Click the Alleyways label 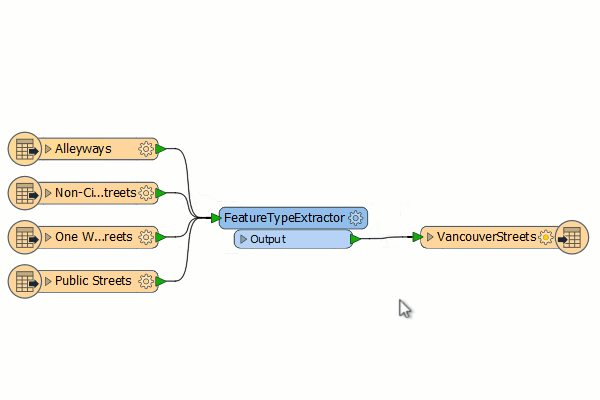[83, 149]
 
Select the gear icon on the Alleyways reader [145, 149]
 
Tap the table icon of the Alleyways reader [24, 149]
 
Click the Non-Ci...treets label [96, 193]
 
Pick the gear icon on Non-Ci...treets [146, 193]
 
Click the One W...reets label [94, 237]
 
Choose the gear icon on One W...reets [145, 237]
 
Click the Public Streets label [93, 281]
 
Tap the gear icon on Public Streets [145, 281]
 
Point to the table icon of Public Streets [24, 281]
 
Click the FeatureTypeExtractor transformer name [284, 218]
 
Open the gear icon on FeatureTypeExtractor [355, 218]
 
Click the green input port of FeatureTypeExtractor [216, 218]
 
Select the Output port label [268, 239]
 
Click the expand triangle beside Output [243, 239]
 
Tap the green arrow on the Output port [355, 239]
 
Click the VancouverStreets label [487, 237]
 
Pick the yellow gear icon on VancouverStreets [546, 237]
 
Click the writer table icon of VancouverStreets [572, 237]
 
